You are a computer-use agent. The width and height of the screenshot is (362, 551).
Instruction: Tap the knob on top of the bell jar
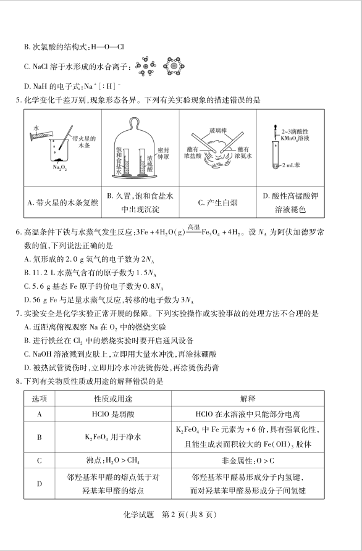pos(137,115)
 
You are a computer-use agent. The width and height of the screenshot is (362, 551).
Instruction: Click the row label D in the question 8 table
pos(40,484)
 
